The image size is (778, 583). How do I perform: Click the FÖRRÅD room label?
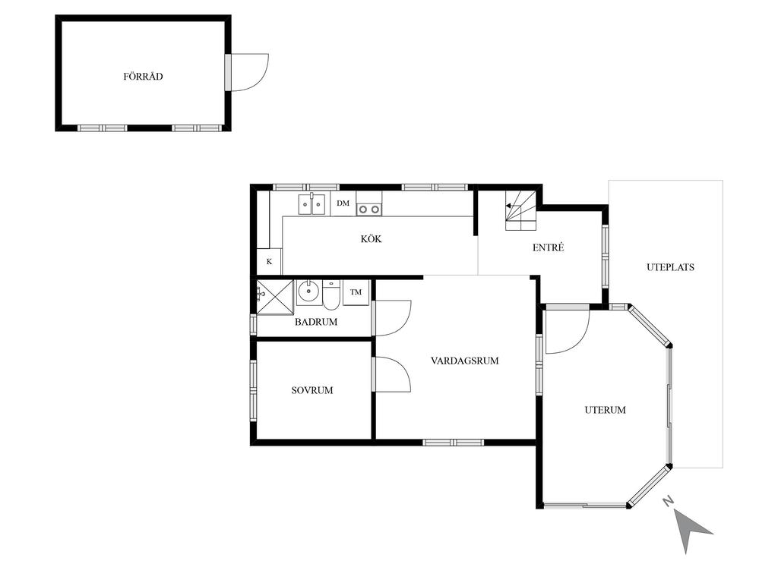pyautogui.click(x=143, y=77)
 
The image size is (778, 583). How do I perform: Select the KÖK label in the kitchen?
pyautogui.click(x=371, y=239)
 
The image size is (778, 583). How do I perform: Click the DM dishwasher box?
pyautogui.click(x=343, y=203)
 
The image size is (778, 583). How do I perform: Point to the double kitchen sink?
pyautogui.click(x=312, y=204)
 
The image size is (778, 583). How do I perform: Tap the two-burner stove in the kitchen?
pyautogui.click(x=369, y=210)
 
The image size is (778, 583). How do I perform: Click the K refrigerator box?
pyautogui.click(x=270, y=261)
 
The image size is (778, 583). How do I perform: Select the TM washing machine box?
pyautogui.click(x=356, y=292)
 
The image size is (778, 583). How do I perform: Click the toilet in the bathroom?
pyautogui.click(x=331, y=295)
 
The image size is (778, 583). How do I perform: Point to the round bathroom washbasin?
pyautogui.click(x=308, y=292)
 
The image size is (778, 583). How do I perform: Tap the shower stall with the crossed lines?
pyautogui.click(x=275, y=297)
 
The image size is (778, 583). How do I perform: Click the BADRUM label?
pyautogui.click(x=316, y=322)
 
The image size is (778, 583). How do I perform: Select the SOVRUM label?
pyautogui.click(x=312, y=390)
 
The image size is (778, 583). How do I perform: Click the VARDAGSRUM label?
pyautogui.click(x=465, y=361)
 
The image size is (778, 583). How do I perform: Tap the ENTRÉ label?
pyautogui.click(x=549, y=247)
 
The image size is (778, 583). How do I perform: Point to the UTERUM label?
pyautogui.click(x=605, y=410)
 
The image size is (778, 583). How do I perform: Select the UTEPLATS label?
pyautogui.click(x=670, y=267)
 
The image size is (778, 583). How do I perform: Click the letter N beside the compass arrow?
pyautogui.click(x=669, y=501)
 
